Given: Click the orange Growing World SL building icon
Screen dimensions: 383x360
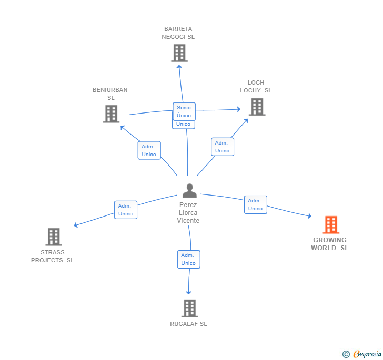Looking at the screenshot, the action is click(x=331, y=224).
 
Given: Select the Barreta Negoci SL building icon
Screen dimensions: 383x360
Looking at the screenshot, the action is click(x=179, y=53).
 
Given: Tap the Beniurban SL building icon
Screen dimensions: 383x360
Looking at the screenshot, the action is click(x=111, y=114).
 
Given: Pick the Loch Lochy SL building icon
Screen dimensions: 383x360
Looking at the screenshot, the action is click(x=257, y=107).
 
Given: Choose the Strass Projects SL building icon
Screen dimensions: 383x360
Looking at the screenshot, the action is click(x=54, y=236).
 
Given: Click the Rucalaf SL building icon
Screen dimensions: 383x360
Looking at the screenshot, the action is click(x=189, y=308).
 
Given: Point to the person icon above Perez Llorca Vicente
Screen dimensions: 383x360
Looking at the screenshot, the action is click(x=189, y=191).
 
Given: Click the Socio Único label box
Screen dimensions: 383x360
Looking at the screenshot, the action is click(x=184, y=111).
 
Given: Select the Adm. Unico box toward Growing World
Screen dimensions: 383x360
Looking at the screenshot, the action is click(x=256, y=204).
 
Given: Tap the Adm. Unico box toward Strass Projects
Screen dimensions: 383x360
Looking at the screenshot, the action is click(x=126, y=210).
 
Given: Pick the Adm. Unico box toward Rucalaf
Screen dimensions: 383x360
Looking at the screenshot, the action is click(x=188, y=259).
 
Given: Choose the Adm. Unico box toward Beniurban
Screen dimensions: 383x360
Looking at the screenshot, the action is click(x=149, y=150).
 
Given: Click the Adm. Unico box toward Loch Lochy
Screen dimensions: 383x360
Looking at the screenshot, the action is click(x=222, y=147).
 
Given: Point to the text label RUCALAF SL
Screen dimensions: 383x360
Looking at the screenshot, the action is click(x=188, y=324).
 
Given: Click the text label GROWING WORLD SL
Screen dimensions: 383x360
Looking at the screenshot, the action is click(x=329, y=244).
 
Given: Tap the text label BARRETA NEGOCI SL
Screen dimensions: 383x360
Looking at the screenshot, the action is click(x=178, y=33).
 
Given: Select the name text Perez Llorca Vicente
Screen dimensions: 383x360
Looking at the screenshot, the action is click(x=188, y=212).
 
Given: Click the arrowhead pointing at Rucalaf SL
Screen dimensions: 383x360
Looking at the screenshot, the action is click(x=188, y=292).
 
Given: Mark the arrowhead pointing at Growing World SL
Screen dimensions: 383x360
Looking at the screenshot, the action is click(x=310, y=216).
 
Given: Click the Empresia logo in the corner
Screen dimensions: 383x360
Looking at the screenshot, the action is click(x=362, y=354).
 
